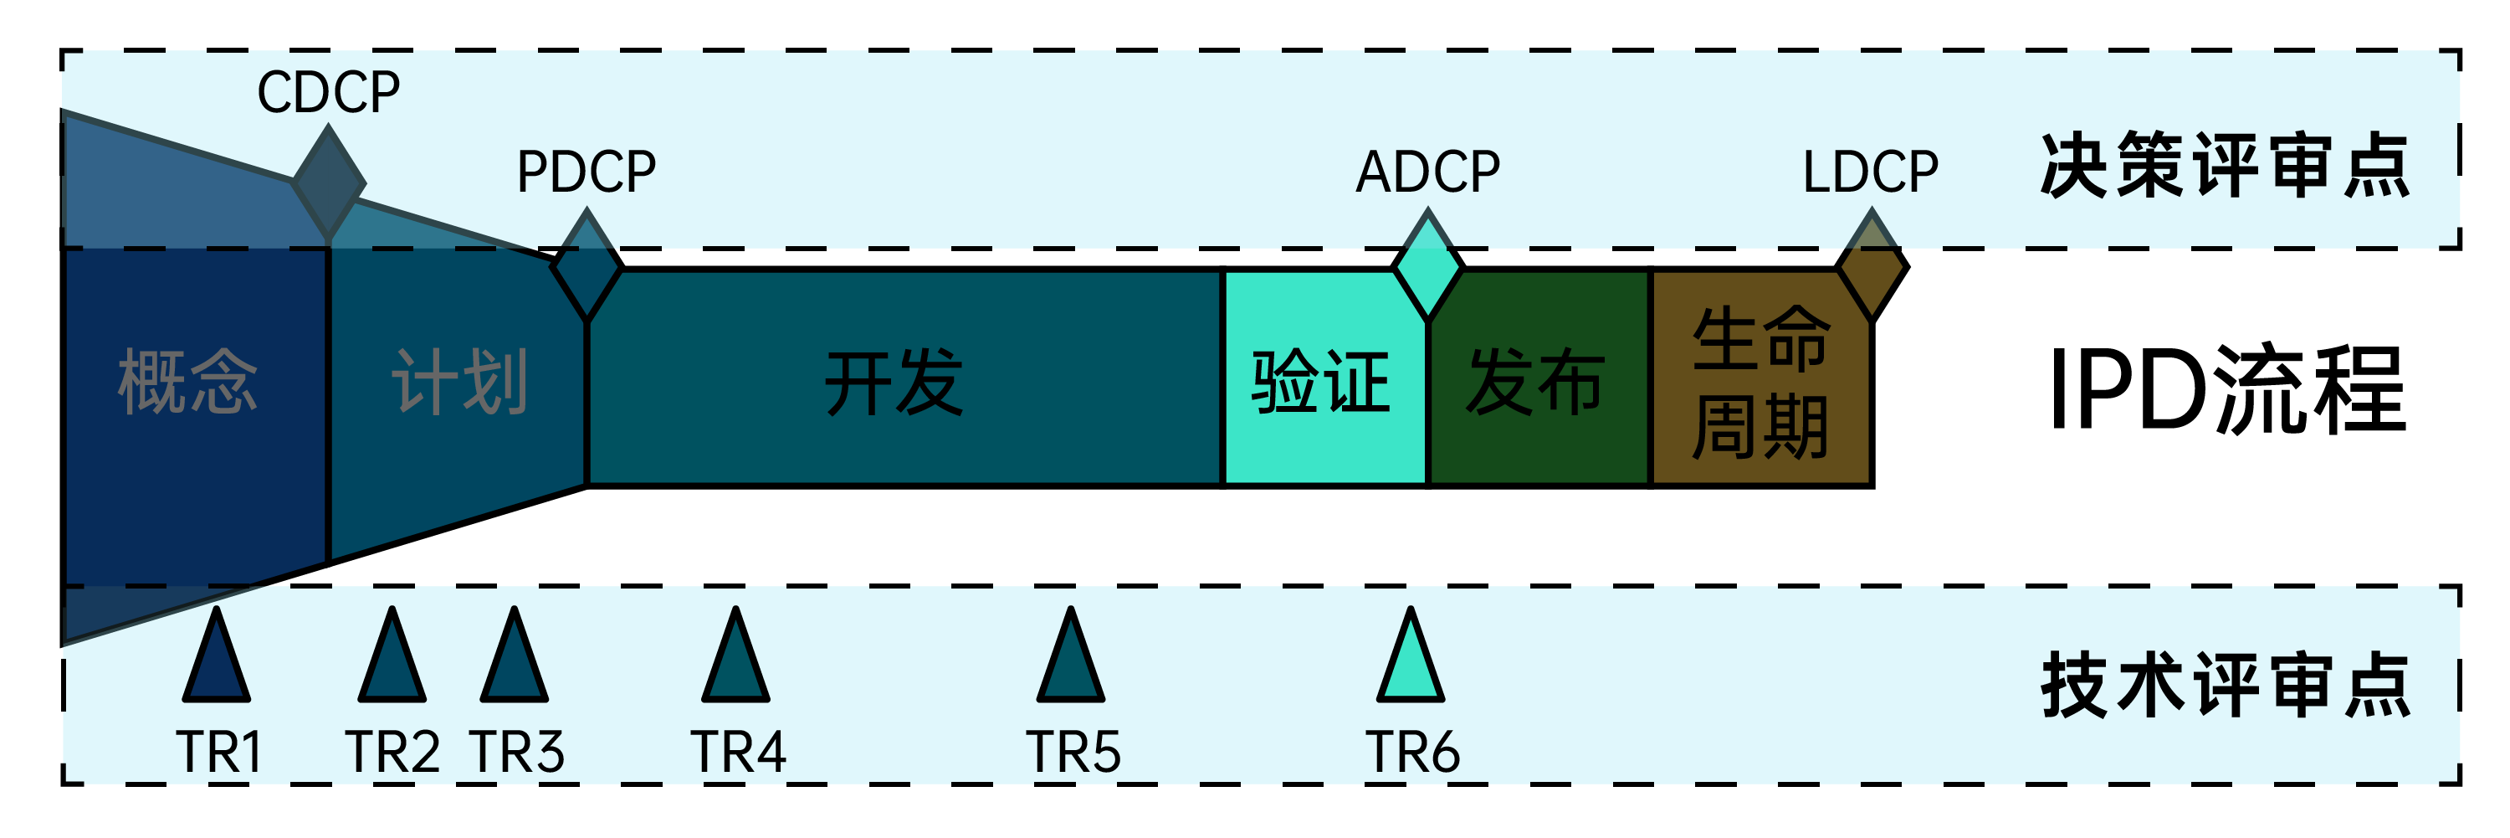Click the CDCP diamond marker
328,183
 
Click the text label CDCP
328,93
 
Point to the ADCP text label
1427,172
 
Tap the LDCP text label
1870,172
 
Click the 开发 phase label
894,382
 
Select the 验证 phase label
1320,382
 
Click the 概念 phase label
187,382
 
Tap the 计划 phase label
460,382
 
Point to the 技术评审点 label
2226,686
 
